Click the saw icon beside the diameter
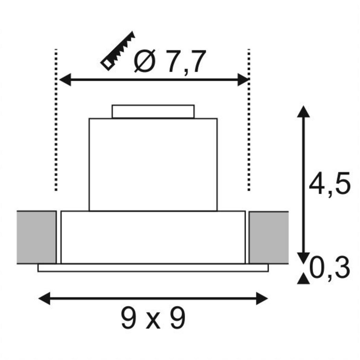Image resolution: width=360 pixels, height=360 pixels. (118, 51)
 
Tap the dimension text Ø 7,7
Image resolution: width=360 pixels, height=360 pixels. (169, 61)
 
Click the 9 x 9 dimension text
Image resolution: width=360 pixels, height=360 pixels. (153, 318)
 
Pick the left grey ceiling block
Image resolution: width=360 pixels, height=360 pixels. (36, 237)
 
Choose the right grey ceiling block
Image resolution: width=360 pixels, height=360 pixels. (268, 237)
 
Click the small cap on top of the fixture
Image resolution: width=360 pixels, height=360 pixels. (153, 111)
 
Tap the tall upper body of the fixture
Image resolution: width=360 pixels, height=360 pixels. (153, 164)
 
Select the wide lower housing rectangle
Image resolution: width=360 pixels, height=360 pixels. (153, 237)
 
